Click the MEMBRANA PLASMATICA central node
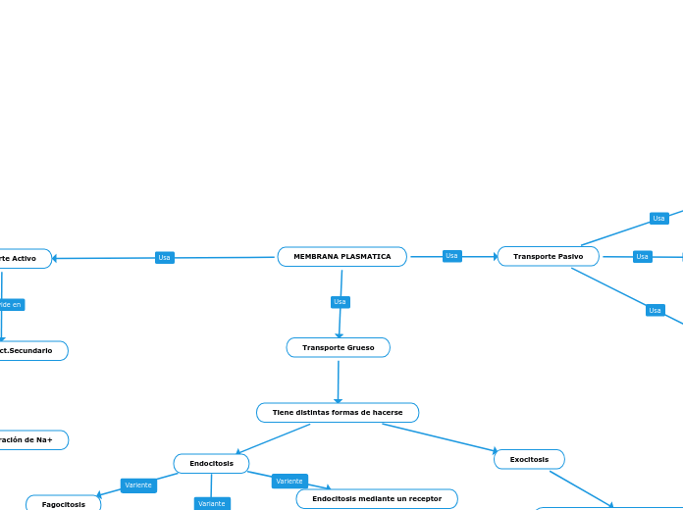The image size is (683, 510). pyautogui.click(x=341, y=257)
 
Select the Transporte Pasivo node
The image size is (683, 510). pyautogui.click(x=548, y=256)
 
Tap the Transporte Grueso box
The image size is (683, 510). pyautogui.click(x=338, y=347)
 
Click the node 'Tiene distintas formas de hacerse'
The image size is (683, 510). pyautogui.click(x=338, y=413)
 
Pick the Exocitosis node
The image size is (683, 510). pyautogui.click(x=529, y=459)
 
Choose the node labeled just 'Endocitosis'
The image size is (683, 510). pyautogui.click(x=211, y=463)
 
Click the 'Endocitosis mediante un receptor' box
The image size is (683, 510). pyautogui.click(x=376, y=499)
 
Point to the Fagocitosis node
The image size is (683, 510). pyautogui.click(x=63, y=504)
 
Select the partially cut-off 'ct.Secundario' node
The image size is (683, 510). pyautogui.click(x=29, y=350)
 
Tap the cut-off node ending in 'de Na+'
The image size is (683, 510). pyautogui.click(x=29, y=439)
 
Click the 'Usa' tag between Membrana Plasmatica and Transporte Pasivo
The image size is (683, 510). pyautogui.click(x=451, y=256)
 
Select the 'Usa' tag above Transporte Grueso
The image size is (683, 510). pyautogui.click(x=340, y=302)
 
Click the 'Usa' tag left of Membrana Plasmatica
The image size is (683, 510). pyautogui.click(x=165, y=258)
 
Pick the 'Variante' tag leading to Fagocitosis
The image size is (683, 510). pyautogui.click(x=138, y=485)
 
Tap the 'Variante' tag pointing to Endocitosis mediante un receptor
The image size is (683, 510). pyautogui.click(x=289, y=482)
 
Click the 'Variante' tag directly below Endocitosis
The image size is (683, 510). pyautogui.click(x=211, y=504)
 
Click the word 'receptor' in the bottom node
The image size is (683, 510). pyautogui.click(x=423, y=499)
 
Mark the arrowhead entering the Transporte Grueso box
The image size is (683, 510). pyautogui.click(x=339, y=334)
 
